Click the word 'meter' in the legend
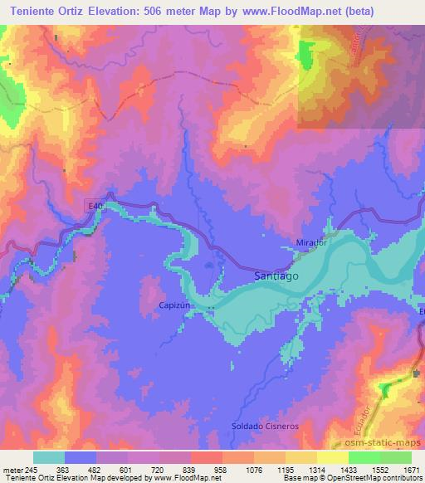pos(12,470)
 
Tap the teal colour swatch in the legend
pos(49,457)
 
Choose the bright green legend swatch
pos(396,457)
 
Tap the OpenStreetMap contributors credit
pos(374,479)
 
